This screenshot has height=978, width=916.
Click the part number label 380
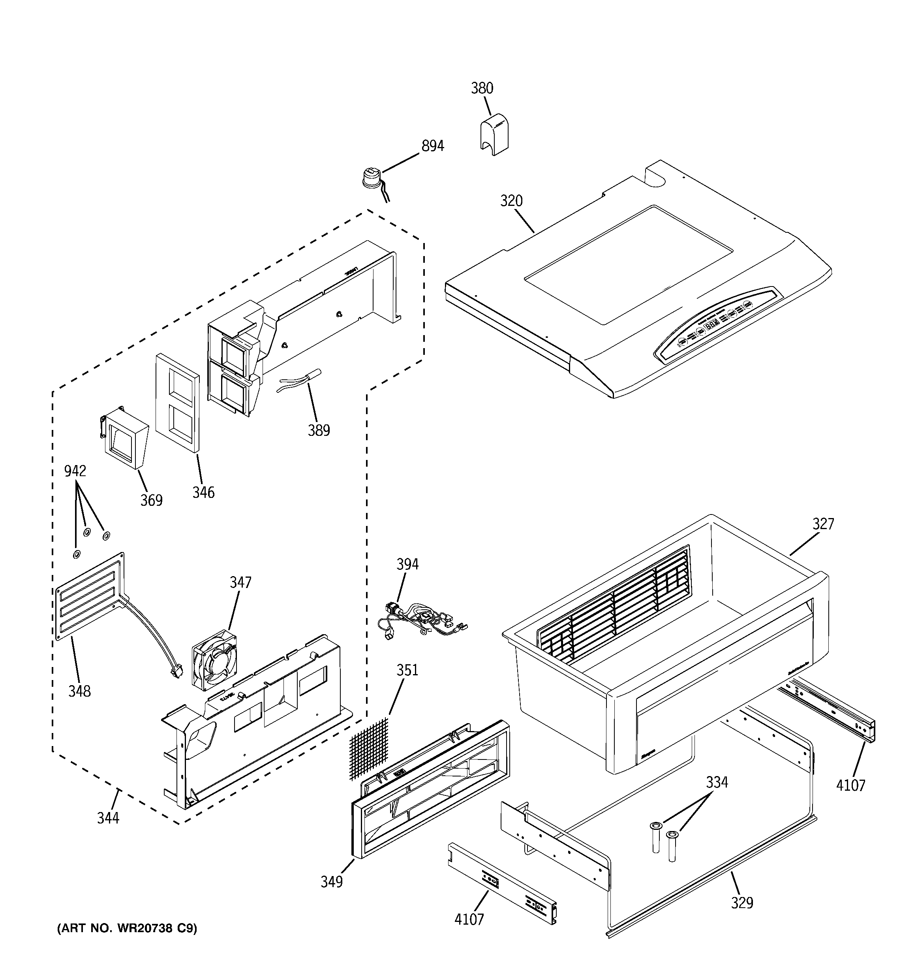tap(481, 88)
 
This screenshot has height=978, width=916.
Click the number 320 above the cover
tap(511, 201)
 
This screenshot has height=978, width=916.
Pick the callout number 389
tap(319, 430)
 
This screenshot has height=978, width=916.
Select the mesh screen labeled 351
tap(369, 748)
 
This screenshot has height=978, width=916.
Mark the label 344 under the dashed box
tap(108, 818)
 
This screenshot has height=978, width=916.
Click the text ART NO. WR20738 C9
tap(127, 928)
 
